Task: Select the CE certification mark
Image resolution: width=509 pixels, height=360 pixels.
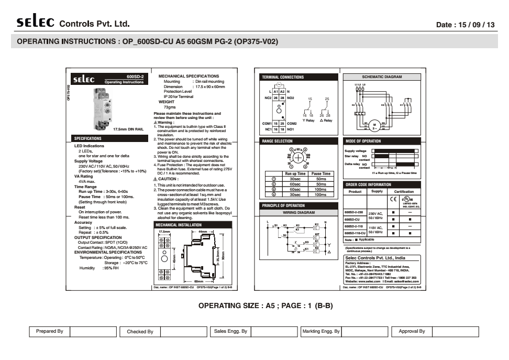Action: click(x=393, y=199)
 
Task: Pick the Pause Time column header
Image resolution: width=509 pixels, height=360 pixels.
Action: click(x=321, y=173)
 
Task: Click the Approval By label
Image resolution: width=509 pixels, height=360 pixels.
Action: click(x=412, y=332)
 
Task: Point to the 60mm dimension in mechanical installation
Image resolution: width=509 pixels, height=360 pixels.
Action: click(x=198, y=281)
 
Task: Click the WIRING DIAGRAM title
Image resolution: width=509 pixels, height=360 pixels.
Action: click(x=298, y=213)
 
